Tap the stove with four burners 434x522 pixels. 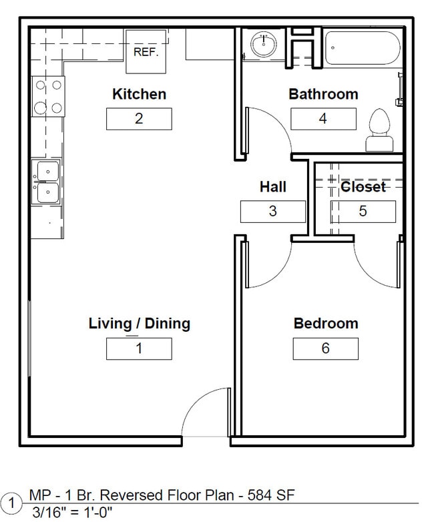click(x=49, y=96)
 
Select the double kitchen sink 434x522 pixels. click(x=47, y=182)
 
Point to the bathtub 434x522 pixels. click(x=362, y=47)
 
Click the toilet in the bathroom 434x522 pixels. click(x=380, y=131)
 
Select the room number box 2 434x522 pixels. click(x=139, y=119)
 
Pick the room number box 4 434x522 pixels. click(x=323, y=119)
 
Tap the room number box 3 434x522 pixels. click(x=272, y=212)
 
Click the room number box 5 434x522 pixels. click(x=363, y=212)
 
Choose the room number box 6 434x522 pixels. click(x=325, y=348)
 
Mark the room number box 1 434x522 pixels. click(x=139, y=348)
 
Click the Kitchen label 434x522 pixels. click(x=139, y=94)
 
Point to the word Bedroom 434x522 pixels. click(x=326, y=324)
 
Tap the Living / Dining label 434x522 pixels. click(x=139, y=324)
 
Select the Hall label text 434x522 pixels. click(x=272, y=187)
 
